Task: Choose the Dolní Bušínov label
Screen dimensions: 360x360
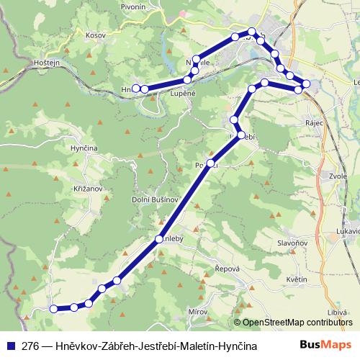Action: (151, 200)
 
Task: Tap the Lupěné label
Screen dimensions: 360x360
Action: (183, 94)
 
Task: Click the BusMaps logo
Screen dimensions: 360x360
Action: (325, 346)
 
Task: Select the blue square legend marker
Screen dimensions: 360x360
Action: (10, 346)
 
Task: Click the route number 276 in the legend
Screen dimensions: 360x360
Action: (30, 346)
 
